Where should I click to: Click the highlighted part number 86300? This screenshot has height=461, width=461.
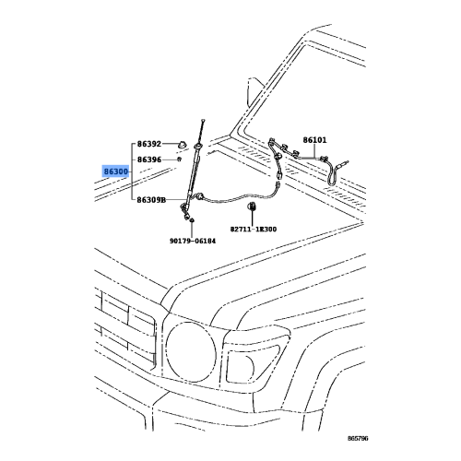tap(115, 171)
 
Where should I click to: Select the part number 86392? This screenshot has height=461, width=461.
tap(149, 144)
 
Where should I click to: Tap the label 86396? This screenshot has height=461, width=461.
tap(149, 160)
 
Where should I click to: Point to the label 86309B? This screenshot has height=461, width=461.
tap(151, 200)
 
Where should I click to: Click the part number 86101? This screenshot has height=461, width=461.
tap(315, 140)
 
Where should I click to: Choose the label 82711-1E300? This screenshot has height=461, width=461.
tap(254, 230)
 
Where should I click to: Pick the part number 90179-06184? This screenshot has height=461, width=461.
tap(193, 241)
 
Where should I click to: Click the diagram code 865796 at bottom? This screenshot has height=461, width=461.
tap(358, 438)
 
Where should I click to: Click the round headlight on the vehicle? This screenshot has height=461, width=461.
tap(191, 352)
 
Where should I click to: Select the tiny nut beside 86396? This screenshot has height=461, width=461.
tap(179, 159)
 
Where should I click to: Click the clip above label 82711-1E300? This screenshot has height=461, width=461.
tap(252, 206)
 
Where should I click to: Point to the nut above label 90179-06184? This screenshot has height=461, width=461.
tap(192, 220)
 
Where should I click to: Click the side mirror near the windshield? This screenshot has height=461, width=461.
tap(254, 90)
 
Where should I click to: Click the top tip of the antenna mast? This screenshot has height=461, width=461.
tap(203, 120)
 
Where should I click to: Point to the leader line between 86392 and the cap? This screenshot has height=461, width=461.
tap(171, 144)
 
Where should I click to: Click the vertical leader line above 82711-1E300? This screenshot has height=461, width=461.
tap(252, 218)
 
